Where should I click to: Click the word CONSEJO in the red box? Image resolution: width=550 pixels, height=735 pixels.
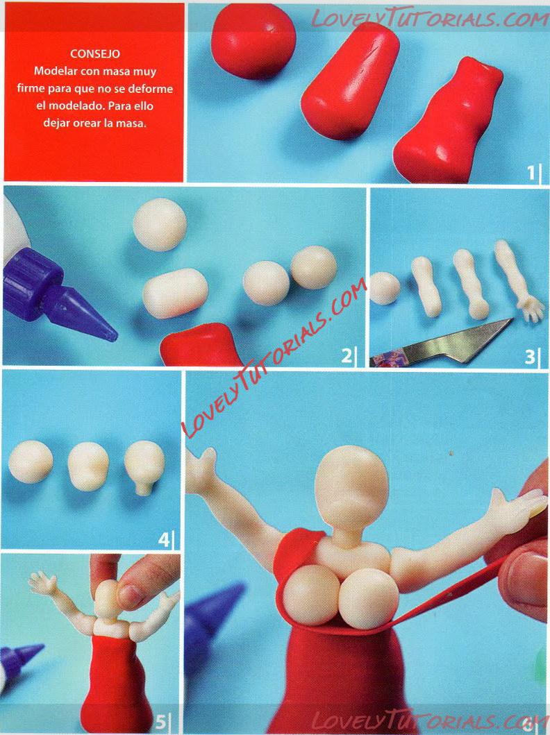tap(94, 54)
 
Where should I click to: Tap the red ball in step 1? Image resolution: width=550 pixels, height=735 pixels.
tap(253, 41)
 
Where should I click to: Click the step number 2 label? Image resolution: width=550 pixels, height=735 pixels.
tap(346, 356)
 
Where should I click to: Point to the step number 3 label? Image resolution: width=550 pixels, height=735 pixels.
tap(529, 357)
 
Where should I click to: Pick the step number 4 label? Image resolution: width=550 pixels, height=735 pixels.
tap(164, 540)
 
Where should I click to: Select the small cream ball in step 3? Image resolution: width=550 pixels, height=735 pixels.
tap(385, 288)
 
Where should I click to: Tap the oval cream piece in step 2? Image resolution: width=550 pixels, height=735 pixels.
tap(175, 294)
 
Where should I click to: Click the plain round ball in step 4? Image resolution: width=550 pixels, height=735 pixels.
tap(31, 462)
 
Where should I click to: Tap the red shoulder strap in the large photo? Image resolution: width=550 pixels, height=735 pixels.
tap(298, 552)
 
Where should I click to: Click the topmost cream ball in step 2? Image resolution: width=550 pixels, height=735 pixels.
tap(160, 225)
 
